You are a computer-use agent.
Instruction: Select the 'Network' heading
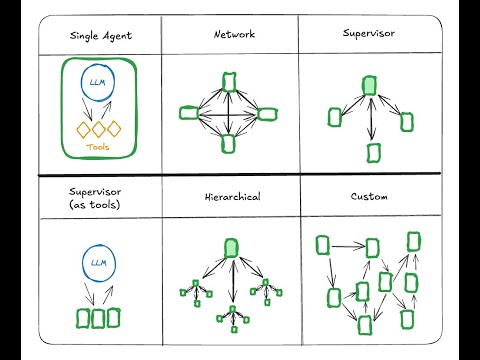click(x=233, y=34)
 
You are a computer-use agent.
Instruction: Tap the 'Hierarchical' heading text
click(x=232, y=198)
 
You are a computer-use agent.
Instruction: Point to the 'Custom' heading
click(x=369, y=198)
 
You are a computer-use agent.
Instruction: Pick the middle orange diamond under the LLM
click(x=97, y=128)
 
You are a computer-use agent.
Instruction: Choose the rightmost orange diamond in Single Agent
click(x=113, y=128)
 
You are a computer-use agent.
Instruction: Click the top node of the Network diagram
click(x=230, y=80)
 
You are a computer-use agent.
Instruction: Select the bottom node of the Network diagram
click(x=229, y=144)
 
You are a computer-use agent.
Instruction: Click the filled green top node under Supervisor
click(x=369, y=86)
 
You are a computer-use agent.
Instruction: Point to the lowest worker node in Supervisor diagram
click(x=373, y=152)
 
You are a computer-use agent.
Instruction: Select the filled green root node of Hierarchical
click(x=232, y=247)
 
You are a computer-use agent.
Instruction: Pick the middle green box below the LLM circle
click(x=98, y=319)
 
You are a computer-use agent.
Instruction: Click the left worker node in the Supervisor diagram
click(x=334, y=118)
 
